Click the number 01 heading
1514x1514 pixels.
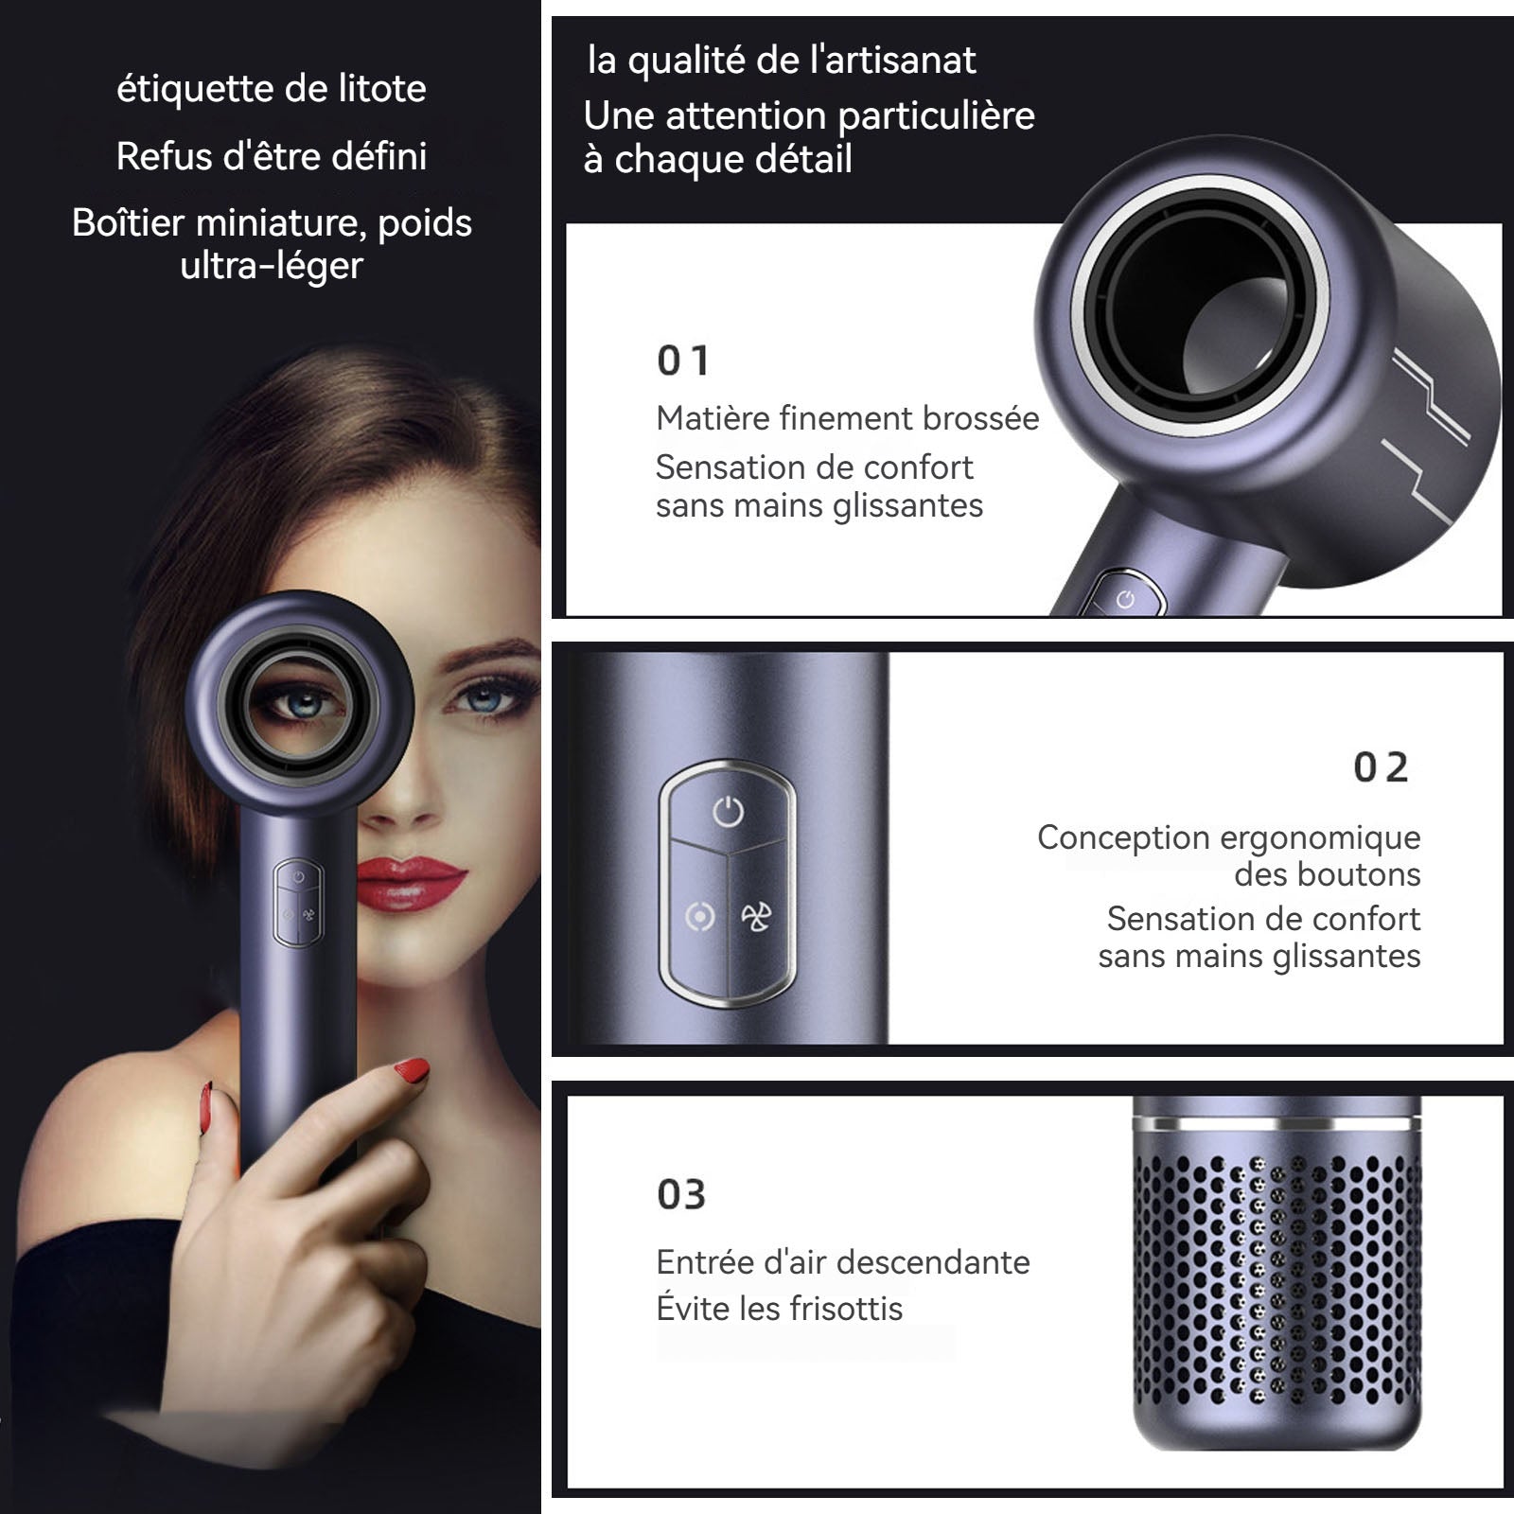coord(683,361)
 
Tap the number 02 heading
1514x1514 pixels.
coord(1382,767)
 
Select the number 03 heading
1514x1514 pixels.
coord(681,1195)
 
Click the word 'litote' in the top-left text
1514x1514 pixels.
coord(382,89)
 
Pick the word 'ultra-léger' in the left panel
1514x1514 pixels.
coord(272,266)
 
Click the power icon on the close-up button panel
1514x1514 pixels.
coord(728,811)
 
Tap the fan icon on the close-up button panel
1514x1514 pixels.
coord(756,916)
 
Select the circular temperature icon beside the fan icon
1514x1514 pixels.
coord(699,916)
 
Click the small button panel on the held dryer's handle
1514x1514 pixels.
coord(298,903)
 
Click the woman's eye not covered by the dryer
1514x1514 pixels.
coord(480,701)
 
